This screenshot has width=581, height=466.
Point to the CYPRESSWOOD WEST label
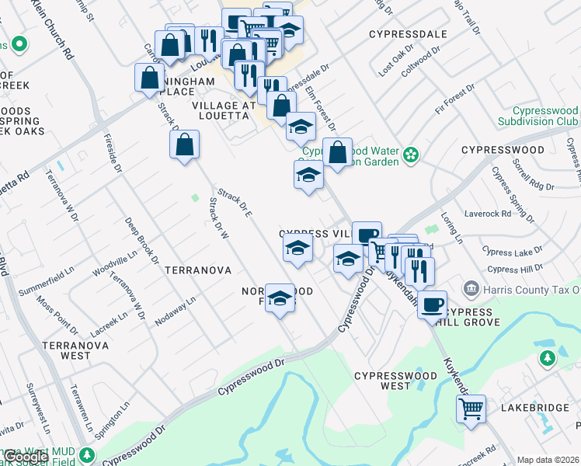pyautogui.click(x=382, y=381)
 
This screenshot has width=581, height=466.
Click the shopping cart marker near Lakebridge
pyautogui.click(x=471, y=409)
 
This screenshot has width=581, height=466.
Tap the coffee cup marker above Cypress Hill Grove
pyautogui.click(x=433, y=304)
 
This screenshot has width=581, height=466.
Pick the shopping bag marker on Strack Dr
pyautogui.click(x=184, y=144)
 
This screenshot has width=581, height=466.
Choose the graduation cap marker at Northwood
pyautogui.click(x=280, y=298)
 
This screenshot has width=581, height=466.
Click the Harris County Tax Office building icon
pyautogui.click(x=471, y=290)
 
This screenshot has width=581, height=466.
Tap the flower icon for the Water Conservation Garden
pyautogui.click(x=410, y=156)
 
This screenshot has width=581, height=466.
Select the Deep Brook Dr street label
pyautogui.click(x=142, y=240)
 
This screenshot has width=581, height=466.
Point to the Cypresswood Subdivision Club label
pyautogui.click(x=538, y=116)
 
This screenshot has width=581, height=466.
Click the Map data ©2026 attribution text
pyautogui.click(x=548, y=460)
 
